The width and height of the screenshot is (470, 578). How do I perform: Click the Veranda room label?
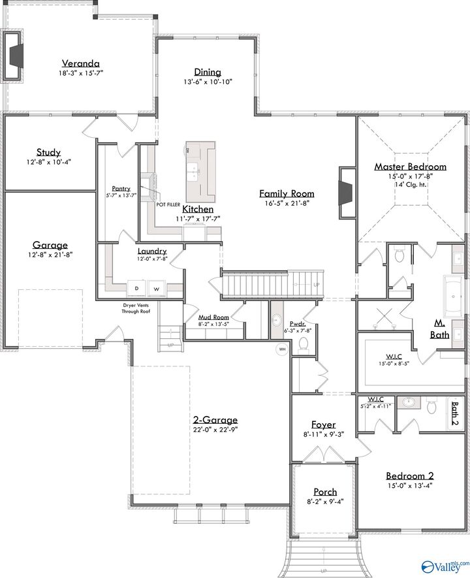tap(81, 63)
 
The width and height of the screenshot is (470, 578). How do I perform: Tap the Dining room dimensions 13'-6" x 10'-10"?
tap(208, 82)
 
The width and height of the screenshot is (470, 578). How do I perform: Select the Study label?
tap(48, 152)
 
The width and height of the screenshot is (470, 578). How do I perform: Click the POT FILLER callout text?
tap(168, 204)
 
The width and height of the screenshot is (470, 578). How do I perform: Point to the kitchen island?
tap(200, 171)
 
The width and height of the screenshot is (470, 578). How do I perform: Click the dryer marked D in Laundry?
tap(137, 287)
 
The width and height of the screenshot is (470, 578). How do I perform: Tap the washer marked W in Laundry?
tap(157, 287)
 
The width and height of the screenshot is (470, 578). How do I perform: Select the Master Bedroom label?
tap(410, 167)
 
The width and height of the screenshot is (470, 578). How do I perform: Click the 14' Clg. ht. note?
tap(410, 185)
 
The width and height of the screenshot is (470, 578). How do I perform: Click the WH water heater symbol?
tap(283, 349)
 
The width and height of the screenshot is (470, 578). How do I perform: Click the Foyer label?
tap(323, 425)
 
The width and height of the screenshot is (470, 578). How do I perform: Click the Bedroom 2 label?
tap(409, 475)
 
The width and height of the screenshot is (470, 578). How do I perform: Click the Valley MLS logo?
tap(446, 566)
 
